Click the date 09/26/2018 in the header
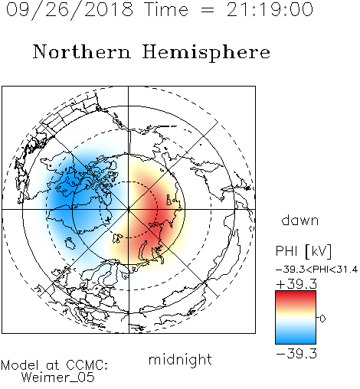70,10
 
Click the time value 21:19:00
270,9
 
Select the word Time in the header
166,9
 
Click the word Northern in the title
82,51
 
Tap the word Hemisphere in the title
206,53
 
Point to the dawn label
300,221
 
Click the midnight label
180,359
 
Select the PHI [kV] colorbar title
303,251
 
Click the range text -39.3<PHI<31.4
316,270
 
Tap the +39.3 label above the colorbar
296,284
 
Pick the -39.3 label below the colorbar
296,354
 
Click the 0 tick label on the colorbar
322,319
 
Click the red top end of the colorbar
296,293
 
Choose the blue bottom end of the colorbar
296,342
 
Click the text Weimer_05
58,378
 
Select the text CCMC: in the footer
87,365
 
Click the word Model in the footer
20,365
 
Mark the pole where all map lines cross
129,209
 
